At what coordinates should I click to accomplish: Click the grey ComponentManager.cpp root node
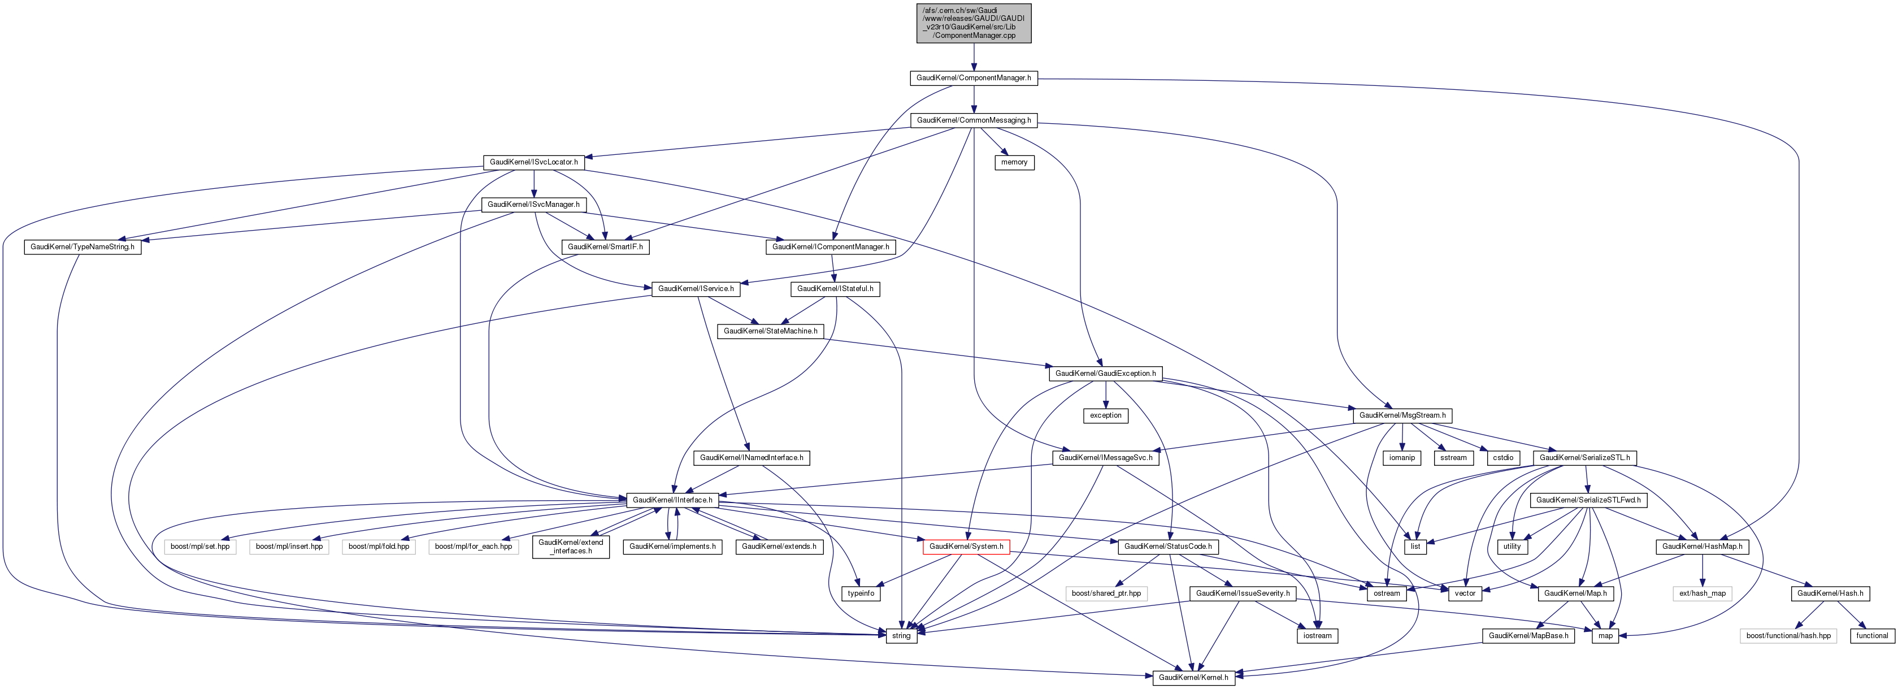tap(974, 23)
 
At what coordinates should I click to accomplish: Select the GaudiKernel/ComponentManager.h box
tap(974, 78)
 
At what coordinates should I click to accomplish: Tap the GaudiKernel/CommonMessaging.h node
tap(974, 120)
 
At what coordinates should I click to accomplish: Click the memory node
tap(1014, 162)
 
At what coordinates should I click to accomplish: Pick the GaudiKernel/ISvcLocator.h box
tap(533, 162)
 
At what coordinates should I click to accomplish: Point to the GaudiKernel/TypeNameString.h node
tap(82, 247)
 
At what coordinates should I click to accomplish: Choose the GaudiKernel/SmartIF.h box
tap(605, 247)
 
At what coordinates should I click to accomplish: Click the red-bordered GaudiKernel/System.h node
tap(966, 547)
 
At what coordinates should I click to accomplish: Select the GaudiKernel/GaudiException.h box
tap(1105, 374)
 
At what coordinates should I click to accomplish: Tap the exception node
tap(1105, 415)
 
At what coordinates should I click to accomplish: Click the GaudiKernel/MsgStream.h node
tap(1402, 415)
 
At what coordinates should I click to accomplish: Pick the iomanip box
tap(1401, 458)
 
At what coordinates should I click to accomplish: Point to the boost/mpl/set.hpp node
tap(199, 547)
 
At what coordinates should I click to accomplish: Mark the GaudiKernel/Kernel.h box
tap(1193, 677)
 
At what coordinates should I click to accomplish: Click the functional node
tap(1871, 635)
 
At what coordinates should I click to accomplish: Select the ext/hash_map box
tap(1702, 593)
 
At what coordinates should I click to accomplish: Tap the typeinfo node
tap(861, 593)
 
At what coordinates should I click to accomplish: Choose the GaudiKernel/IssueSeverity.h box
tap(1242, 593)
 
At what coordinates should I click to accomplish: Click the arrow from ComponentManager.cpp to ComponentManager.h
tap(974, 57)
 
